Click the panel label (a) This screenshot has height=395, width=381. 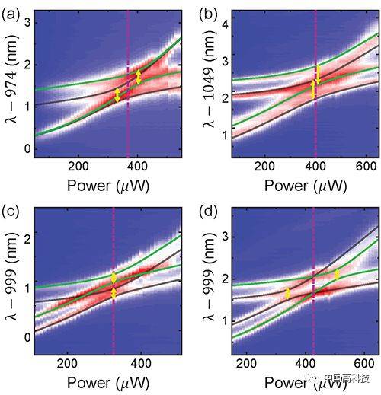click(11, 15)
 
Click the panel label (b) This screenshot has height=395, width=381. click(208, 15)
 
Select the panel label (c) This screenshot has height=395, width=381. click(11, 212)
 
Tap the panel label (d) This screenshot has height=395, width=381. click(208, 212)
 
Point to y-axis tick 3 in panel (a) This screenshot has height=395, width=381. click(27, 24)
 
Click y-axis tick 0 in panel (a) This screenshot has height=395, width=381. click(27, 149)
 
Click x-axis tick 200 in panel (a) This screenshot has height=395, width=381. click(78, 167)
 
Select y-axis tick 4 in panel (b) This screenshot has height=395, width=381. click(225, 25)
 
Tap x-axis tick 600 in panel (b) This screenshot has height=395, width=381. click(366, 167)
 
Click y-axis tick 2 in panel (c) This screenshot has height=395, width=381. click(27, 233)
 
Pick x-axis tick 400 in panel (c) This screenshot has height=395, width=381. click(141, 364)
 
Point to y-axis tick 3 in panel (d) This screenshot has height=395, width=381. click(225, 237)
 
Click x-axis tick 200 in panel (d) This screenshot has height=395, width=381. click(246, 364)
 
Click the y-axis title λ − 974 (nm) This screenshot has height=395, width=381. click(11, 79)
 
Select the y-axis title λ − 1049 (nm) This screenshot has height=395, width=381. click(209, 81)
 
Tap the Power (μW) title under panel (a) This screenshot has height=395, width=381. click(108, 186)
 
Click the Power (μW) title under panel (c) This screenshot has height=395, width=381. click(108, 383)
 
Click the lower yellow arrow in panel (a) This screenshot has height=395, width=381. click(117, 95)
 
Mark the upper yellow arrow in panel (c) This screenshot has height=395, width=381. click(114, 278)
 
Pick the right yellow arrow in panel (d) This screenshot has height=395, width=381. click(337, 275)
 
